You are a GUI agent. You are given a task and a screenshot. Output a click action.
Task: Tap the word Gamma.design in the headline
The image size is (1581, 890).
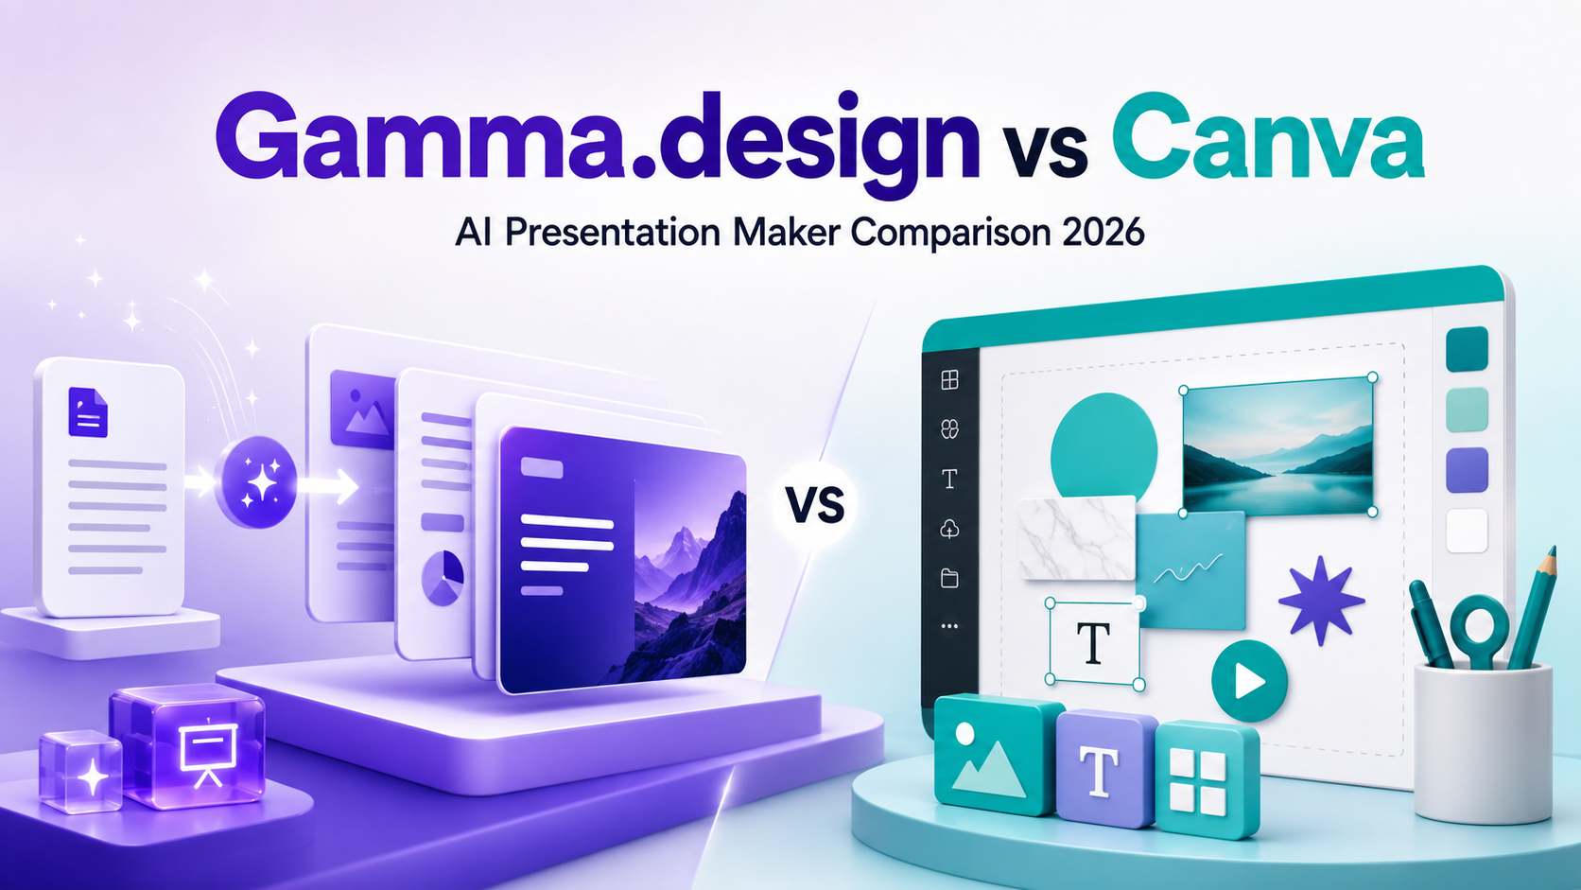597,145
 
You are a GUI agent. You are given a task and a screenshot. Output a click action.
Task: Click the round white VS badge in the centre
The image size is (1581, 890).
814,505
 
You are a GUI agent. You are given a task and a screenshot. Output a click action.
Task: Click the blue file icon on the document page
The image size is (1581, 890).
88,411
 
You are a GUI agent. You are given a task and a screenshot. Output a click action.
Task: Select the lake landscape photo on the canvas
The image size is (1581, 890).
1278,445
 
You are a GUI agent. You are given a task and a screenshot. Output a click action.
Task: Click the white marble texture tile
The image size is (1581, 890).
1078,538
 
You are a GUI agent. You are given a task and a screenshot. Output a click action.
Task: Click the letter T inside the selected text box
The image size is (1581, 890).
1093,643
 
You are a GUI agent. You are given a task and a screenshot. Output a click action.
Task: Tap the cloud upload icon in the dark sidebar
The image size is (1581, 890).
949,529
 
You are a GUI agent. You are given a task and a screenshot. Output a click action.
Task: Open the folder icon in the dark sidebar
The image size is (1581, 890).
949,578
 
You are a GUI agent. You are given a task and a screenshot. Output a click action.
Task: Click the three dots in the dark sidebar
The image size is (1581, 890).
949,626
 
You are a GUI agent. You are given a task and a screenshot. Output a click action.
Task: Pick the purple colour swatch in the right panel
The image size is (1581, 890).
1467,469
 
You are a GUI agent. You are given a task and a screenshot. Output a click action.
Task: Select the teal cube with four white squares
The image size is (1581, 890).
1207,779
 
